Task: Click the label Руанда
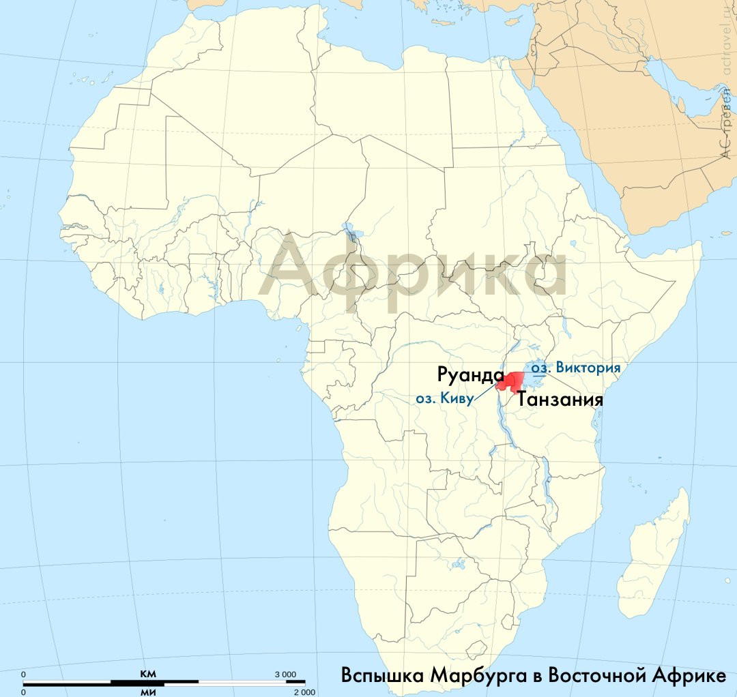coord(470,375)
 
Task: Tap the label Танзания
coord(560,399)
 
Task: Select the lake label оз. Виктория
coord(577,368)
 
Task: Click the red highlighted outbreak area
coord(511,382)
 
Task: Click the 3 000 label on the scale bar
coord(285,674)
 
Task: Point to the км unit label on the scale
coord(148,674)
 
